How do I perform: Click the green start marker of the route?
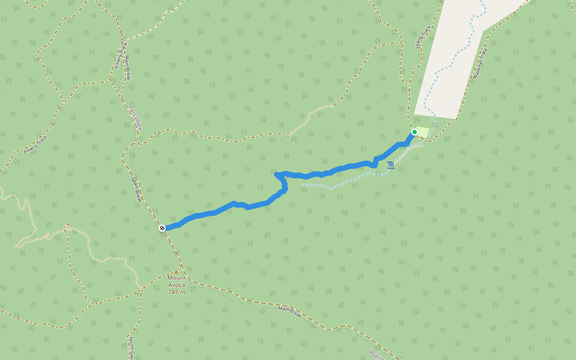pos(414,132)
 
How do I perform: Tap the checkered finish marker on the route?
pos(162,228)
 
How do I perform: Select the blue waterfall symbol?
pos(391,165)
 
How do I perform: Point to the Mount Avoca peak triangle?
pos(176,271)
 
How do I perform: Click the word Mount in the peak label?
pos(176,278)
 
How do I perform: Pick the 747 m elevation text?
pos(176,292)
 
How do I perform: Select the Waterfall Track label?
pos(481,64)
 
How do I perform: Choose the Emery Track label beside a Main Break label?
pos(119,55)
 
